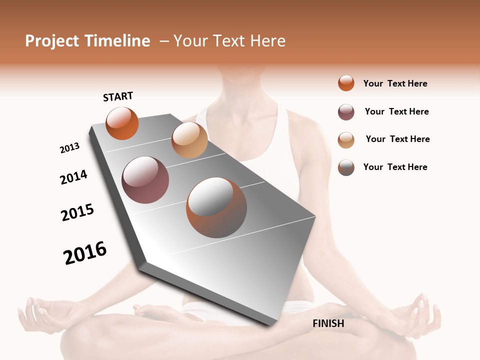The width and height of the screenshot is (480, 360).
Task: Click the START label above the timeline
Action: [x=118, y=96]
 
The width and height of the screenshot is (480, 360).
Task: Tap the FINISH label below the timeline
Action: [x=328, y=323]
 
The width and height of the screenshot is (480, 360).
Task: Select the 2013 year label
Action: [x=69, y=148]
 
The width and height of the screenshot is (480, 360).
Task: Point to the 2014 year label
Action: [x=73, y=177]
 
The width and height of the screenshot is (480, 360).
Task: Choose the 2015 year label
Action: [x=77, y=212]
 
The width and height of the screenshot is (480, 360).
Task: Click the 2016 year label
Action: [x=85, y=252]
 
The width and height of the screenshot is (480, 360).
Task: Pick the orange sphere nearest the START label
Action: [x=122, y=123]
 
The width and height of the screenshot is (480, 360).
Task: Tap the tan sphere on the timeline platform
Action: [x=189, y=140]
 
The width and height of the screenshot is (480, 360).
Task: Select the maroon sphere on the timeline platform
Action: [x=145, y=180]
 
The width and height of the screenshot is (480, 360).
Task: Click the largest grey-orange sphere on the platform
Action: [x=216, y=207]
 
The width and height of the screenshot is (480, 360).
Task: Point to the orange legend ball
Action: [x=346, y=83]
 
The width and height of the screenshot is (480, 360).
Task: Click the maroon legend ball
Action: [x=346, y=112]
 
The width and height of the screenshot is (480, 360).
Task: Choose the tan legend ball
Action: [x=346, y=140]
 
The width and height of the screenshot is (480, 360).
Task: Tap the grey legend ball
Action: [x=346, y=167]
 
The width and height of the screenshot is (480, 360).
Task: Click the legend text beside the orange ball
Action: [x=395, y=83]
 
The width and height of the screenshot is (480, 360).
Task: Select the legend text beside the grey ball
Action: [x=395, y=167]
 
